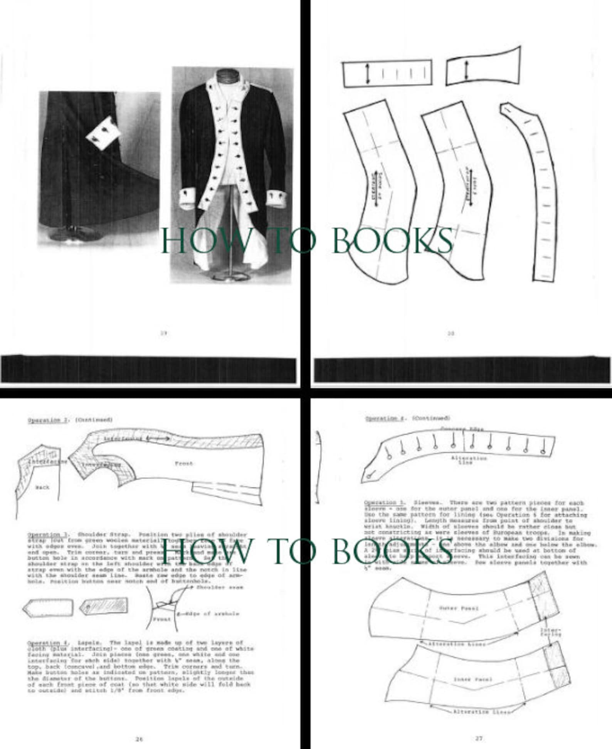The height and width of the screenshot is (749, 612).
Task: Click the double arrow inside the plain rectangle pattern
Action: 367,74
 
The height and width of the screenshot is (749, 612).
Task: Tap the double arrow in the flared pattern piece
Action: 466,69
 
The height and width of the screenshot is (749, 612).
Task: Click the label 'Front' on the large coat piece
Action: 183,464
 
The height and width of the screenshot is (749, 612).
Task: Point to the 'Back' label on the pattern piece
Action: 42,487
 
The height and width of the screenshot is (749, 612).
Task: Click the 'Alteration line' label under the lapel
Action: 469,460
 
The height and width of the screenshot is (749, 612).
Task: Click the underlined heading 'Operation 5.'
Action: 384,503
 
